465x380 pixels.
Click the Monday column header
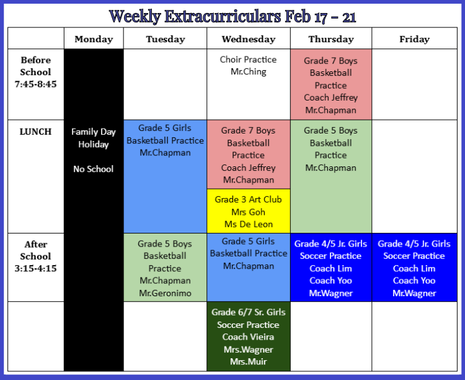94,39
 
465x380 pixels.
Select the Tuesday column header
165,39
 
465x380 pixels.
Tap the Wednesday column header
249,39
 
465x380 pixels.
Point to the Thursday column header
331,39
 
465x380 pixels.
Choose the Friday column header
414,39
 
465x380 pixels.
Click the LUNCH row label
35,131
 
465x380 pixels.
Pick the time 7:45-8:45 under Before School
35,84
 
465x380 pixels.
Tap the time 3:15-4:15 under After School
35,268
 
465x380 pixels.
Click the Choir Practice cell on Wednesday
249,84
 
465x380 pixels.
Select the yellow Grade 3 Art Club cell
249,211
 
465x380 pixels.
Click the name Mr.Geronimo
165,293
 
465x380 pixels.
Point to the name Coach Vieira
248,337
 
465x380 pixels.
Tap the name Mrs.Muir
249,361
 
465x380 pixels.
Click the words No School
94,169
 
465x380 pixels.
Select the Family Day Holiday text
94,138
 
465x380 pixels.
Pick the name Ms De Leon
249,224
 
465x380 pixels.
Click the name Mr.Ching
249,71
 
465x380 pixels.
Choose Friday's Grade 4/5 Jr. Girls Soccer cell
414,268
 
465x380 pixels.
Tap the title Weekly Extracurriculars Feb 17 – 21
232,16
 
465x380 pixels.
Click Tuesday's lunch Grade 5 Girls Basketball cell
165,176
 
